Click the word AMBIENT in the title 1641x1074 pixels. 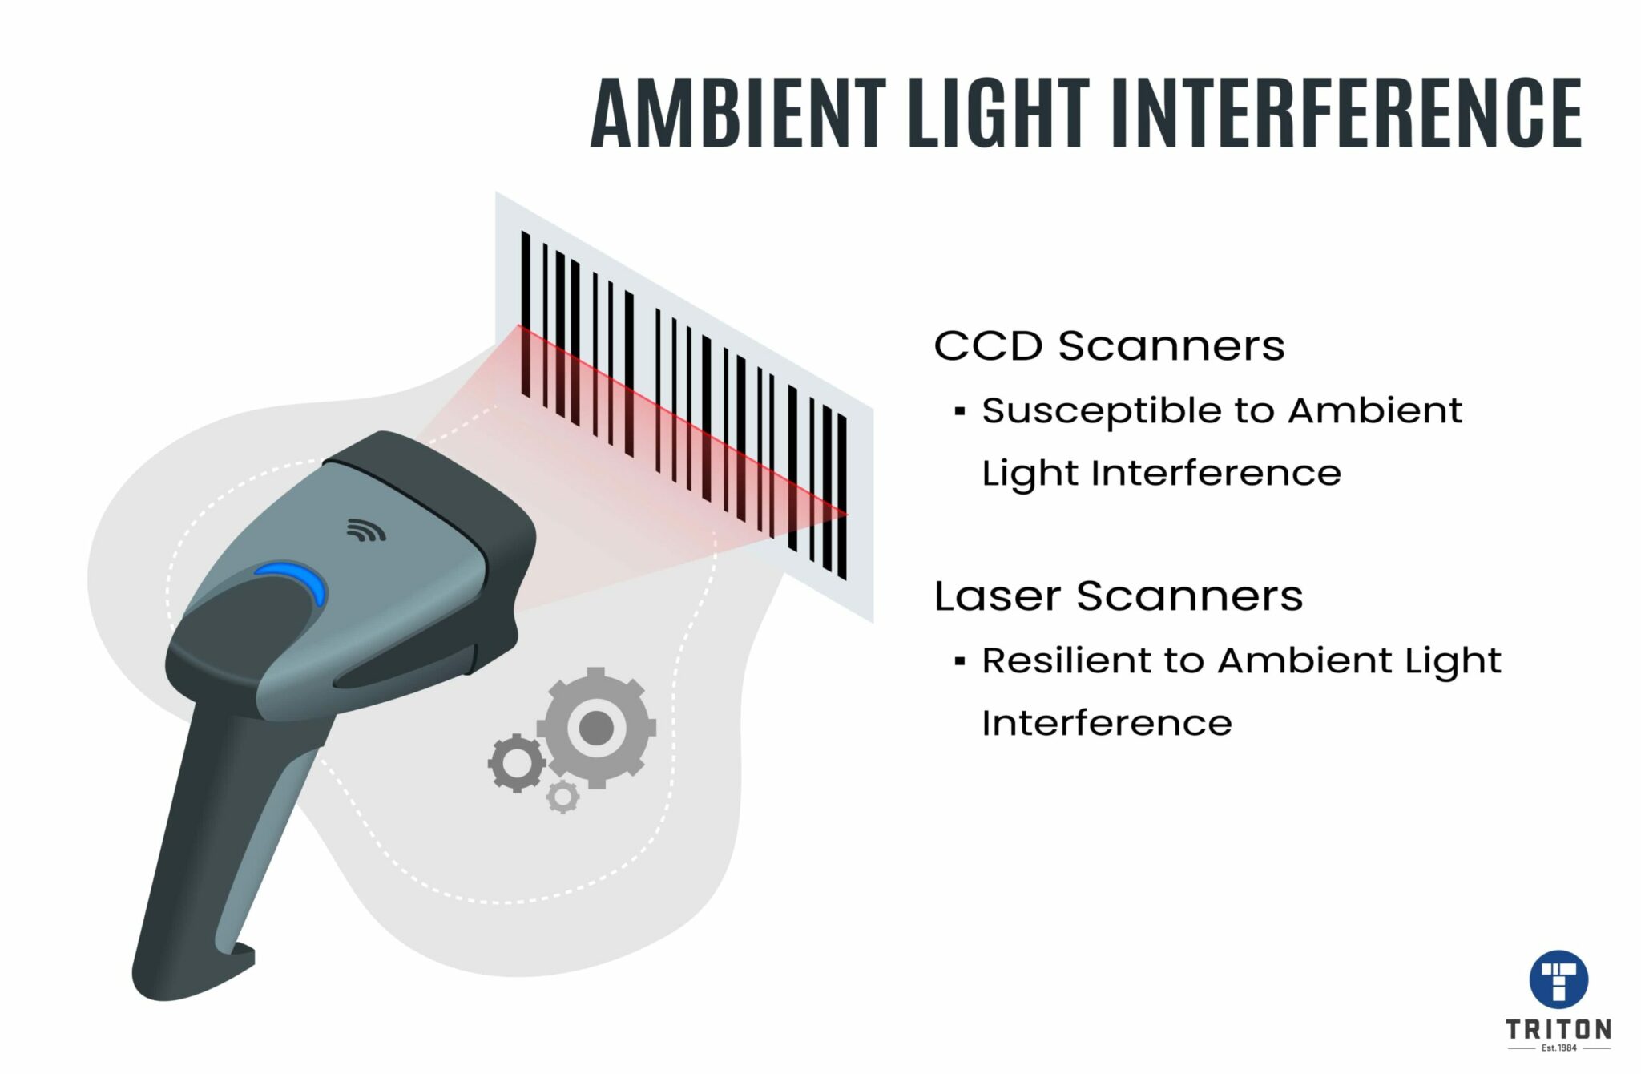(738, 113)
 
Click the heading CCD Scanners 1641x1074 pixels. (1109, 346)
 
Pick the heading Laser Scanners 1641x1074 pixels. (1119, 596)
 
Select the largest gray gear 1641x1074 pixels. (596, 728)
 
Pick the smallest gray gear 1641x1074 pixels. (562, 797)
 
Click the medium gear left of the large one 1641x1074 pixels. (517, 763)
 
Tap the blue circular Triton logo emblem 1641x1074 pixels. (1558, 979)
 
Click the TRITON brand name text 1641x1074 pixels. (1558, 1029)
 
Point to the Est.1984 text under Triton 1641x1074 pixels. (1558, 1048)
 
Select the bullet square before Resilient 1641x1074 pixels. (960, 662)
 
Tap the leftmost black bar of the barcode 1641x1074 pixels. (526, 313)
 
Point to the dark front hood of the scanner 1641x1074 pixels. (449, 481)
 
